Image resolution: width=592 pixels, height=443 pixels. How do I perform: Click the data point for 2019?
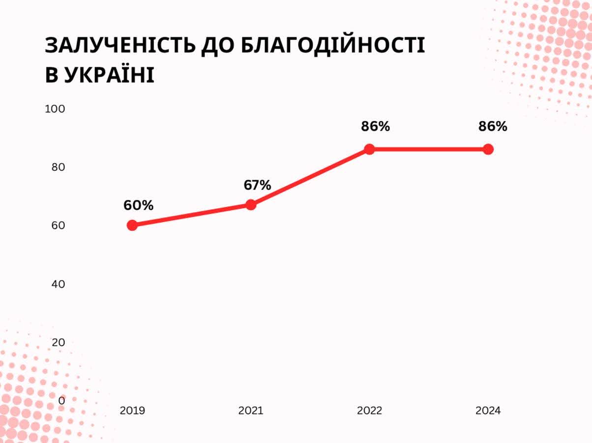click(x=132, y=225)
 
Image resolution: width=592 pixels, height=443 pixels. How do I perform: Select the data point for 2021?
click(x=251, y=205)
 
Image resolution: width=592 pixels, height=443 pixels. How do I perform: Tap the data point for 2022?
click(x=369, y=149)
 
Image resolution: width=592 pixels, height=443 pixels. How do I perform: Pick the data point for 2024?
click(x=488, y=149)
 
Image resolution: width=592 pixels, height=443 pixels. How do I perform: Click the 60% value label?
click(x=138, y=205)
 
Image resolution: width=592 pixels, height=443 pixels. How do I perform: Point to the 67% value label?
click(x=257, y=185)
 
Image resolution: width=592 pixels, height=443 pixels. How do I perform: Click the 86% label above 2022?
click(x=375, y=126)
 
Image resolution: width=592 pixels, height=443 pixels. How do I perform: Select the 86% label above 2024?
click(x=493, y=126)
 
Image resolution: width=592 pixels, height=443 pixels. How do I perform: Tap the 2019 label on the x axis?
click(x=132, y=411)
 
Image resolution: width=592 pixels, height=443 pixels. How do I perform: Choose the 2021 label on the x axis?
click(x=251, y=411)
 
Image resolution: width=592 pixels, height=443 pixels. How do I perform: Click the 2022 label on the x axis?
click(x=369, y=411)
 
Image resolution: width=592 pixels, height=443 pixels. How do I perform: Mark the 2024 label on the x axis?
click(x=488, y=411)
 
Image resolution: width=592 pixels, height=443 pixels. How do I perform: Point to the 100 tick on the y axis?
click(x=55, y=109)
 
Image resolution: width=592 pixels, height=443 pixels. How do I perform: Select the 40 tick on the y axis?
click(x=58, y=284)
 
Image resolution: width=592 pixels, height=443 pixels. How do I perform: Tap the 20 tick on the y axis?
click(x=58, y=342)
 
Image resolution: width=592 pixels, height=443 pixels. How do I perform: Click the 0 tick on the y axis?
click(x=61, y=401)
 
